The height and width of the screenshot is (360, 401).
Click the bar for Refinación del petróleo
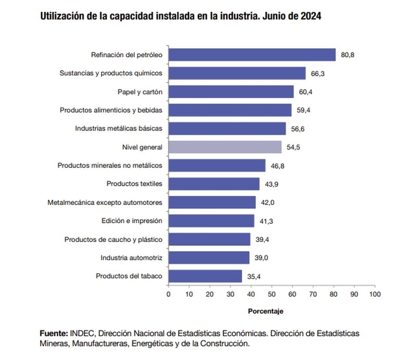tap(252, 55)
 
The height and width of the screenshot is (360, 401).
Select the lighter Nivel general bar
tap(225, 147)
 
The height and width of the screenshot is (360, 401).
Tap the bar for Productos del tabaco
tap(205, 276)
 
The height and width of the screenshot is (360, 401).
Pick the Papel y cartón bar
tap(231, 92)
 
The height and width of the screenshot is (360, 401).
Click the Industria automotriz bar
tap(209, 258)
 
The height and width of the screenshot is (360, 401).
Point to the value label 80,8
tap(348, 55)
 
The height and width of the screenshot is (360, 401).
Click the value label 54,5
tap(294, 147)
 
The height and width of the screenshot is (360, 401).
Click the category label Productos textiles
tap(134, 184)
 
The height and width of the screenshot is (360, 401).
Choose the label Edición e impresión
tap(132, 221)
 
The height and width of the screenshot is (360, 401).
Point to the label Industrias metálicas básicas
tap(119, 128)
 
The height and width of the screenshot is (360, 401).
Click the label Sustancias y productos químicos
tap(111, 73)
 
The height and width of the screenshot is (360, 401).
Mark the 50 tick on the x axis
tap(271, 294)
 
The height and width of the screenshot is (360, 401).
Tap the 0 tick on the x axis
tap(168, 294)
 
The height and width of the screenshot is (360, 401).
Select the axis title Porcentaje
tap(265, 311)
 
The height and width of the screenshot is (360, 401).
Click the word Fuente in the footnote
tap(53, 333)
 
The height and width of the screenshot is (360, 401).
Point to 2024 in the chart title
tap(310, 16)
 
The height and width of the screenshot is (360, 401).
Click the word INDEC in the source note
tap(83, 333)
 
